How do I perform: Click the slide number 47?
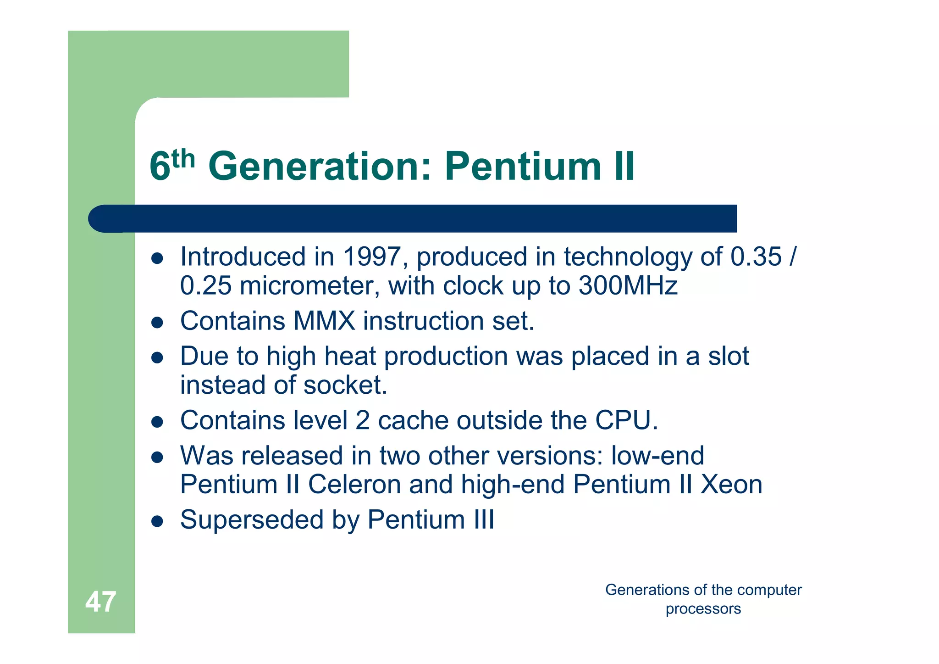coord(100,602)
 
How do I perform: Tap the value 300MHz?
coord(628,285)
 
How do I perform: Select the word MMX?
coord(324,321)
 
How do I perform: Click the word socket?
coord(345,385)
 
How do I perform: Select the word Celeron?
coord(354,485)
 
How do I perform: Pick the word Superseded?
coord(252,520)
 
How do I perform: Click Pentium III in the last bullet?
coord(431,520)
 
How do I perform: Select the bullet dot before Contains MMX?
coord(157,323)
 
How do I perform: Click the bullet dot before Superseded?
coord(157,522)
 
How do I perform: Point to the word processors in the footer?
coord(703,609)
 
